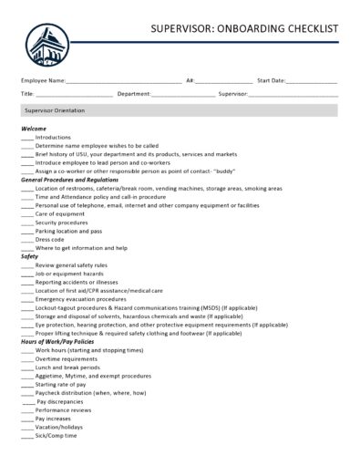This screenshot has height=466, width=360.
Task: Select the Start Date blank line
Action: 312,81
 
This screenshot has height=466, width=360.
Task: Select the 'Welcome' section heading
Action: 33,129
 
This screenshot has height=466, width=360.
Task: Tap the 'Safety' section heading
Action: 29,256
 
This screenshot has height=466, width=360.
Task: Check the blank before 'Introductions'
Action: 26,138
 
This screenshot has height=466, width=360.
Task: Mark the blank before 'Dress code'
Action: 26,240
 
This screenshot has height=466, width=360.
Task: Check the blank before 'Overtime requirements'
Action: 26,359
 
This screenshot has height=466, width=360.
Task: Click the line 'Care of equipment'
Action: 60,213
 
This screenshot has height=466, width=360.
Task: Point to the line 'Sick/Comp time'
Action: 56,436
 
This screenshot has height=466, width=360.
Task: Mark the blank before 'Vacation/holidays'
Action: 26,427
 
